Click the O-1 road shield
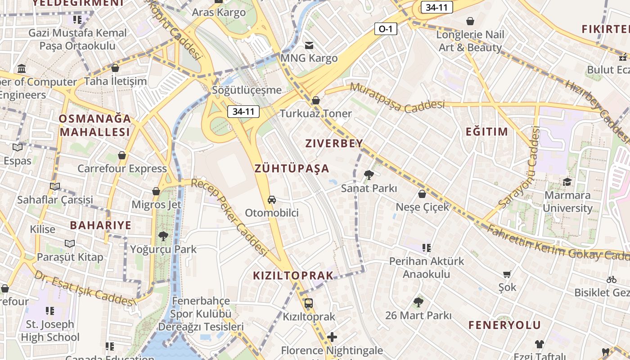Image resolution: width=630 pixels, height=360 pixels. (x=386, y=29)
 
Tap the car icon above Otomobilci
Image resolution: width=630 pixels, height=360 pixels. (x=272, y=199)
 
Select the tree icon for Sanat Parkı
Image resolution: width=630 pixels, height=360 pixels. (x=369, y=175)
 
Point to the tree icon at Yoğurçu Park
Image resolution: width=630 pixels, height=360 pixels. (x=163, y=236)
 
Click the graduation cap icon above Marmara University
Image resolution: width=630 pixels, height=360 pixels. (x=567, y=182)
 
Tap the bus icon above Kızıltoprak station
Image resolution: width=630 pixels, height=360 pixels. (x=309, y=303)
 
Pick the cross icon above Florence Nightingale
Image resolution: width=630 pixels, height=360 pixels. (x=332, y=337)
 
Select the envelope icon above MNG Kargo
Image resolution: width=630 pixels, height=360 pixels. (x=309, y=45)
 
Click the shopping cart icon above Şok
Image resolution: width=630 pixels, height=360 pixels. (x=507, y=274)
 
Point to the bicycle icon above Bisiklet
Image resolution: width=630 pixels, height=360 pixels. (x=611, y=279)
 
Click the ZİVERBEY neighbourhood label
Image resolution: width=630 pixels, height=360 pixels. (x=334, y=144)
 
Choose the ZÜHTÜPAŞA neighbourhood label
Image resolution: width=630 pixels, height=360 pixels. (x=292, y=169)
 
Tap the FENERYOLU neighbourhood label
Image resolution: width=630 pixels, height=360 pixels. (x=504, y=325)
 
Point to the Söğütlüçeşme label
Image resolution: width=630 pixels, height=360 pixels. (x=247, y=90)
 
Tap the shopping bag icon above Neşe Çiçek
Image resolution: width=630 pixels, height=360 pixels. (x=422, y=194)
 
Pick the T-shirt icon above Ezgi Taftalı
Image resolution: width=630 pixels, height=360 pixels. (x=540, y=344)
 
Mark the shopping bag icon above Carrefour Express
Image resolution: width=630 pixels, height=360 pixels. (x=122, y=155)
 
